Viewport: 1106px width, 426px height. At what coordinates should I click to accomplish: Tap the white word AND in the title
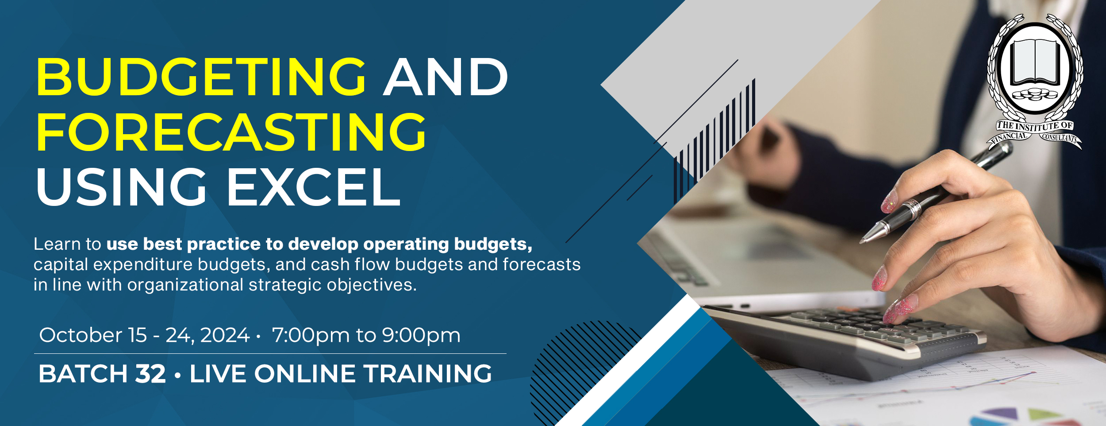coord(446,77)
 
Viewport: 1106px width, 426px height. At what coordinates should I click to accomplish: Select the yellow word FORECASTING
coord(231,132)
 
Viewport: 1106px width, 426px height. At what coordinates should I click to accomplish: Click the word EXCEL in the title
coord(314,187)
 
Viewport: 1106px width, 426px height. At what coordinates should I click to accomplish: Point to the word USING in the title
coord(121,187)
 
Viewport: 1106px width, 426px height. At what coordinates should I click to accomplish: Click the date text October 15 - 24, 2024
coord(144,335)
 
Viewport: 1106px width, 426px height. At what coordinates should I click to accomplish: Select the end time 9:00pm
coord(421,336)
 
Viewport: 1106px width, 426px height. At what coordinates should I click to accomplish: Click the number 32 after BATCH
coord(150,373)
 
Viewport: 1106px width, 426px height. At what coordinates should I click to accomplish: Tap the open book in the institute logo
coord(1035,62)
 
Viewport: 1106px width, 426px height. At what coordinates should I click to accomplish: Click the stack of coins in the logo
coord(1035,94)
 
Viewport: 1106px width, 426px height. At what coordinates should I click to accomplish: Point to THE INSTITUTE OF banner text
coord(1035,126)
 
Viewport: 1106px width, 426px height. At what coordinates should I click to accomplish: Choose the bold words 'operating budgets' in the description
coord(448,244)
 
